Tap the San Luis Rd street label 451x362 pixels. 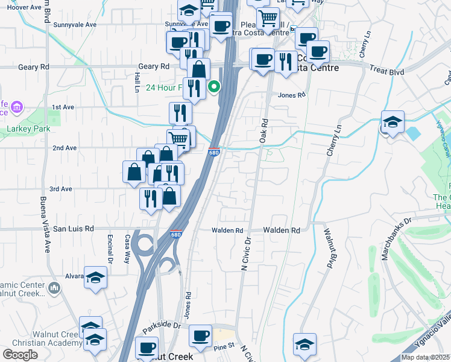click(x=74, y=229)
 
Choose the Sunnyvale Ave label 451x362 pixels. click(x=75, y=25)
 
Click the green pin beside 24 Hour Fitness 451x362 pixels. click(x=214, y=88)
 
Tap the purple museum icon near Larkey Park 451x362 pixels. click(x=16, y=108)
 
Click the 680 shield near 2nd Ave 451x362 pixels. click(x=213, y=153)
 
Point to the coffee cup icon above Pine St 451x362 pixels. click(x=200, y=335)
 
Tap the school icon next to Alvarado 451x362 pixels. click(x=95, y=278)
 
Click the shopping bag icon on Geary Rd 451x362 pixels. click(x=198, y=69)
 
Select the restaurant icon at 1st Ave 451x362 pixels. click(x=180, y=113)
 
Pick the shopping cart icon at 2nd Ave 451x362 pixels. click(x=178, y=139)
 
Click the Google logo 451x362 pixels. click(x=20, y=355)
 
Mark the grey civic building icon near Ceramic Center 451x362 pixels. click(x=55, y=288)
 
